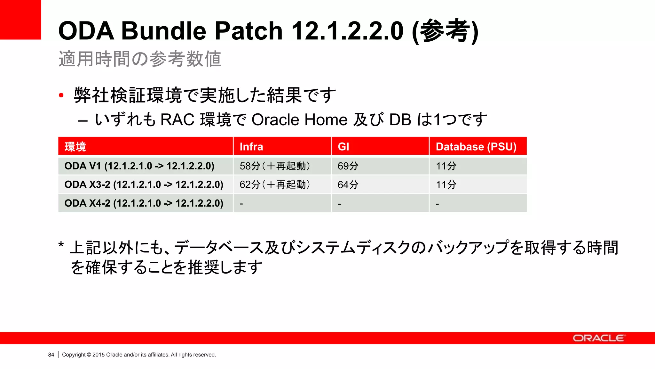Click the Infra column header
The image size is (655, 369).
(x=251, y=147)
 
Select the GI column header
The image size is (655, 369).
(x=343, y=147)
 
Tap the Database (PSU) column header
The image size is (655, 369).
(x=476, y=147)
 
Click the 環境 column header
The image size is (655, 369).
(x=75, y=147)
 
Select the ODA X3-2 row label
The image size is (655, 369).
(x=144, y=184)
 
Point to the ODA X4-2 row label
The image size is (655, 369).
(x=144, y=203)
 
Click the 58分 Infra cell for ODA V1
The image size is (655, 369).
(x=275, y=166)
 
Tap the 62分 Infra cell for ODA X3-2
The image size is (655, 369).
(x=275, y=184)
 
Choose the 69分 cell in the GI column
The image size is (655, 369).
(x=348, y=166)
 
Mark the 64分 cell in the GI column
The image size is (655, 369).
(x=348, y=184)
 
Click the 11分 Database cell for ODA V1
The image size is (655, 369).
(x=446, y=166)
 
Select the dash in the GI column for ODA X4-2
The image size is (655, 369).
(x=339, y=204)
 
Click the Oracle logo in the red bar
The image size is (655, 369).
(x=598, y=338)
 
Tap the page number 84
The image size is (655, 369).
(x=51, y=355)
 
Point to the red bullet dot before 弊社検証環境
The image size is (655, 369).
(x=61, y=95)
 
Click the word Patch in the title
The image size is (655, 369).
(x=249, y=31)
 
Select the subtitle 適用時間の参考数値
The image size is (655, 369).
(x=140, y=59)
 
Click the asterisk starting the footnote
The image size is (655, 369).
(x=61, y=246)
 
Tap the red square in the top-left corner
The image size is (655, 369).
(x=20, y=20)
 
